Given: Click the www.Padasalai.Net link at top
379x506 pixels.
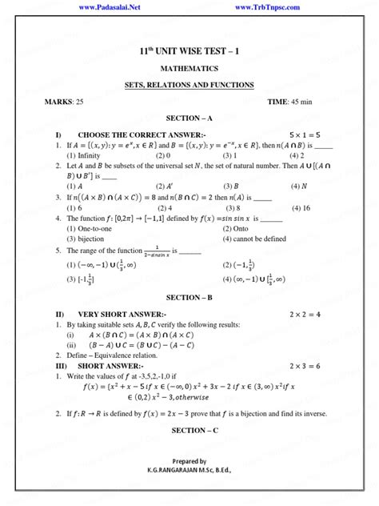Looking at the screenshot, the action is (111, 6).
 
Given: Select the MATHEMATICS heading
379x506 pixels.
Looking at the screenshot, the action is (189, 69).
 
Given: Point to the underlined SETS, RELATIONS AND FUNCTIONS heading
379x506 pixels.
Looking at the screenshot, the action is (189, 85).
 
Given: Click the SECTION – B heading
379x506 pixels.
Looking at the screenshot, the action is (189, 298).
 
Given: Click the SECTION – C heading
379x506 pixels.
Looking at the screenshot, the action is (189, 431).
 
